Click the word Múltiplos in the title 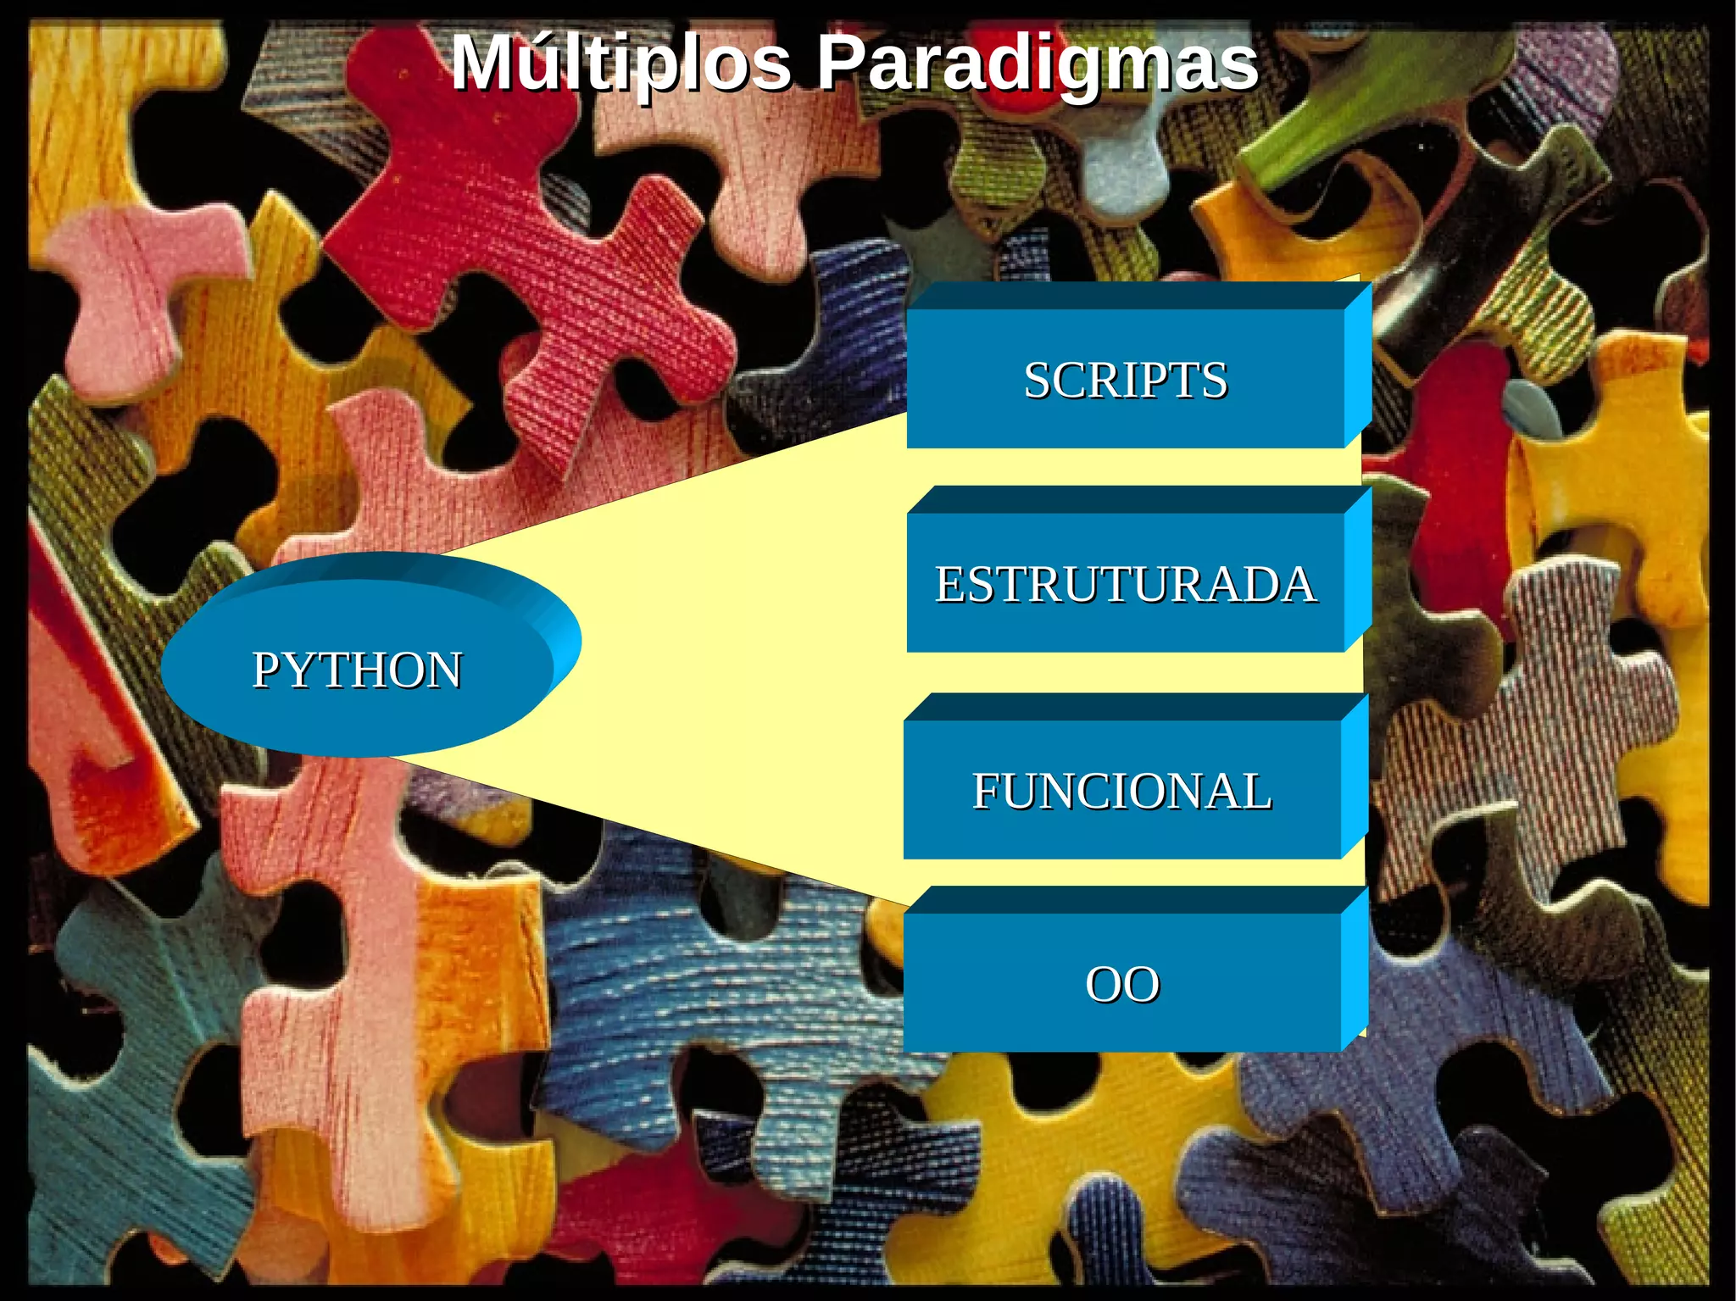point(620,64)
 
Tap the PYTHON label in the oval point(357,670)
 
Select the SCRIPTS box point(1125,379)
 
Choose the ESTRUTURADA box point(1125,583)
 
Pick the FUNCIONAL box point(1121,791)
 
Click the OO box point(1121,984)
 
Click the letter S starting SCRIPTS point(1038,380)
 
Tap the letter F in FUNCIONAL point(984,792)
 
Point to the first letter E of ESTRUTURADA point(949,584)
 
